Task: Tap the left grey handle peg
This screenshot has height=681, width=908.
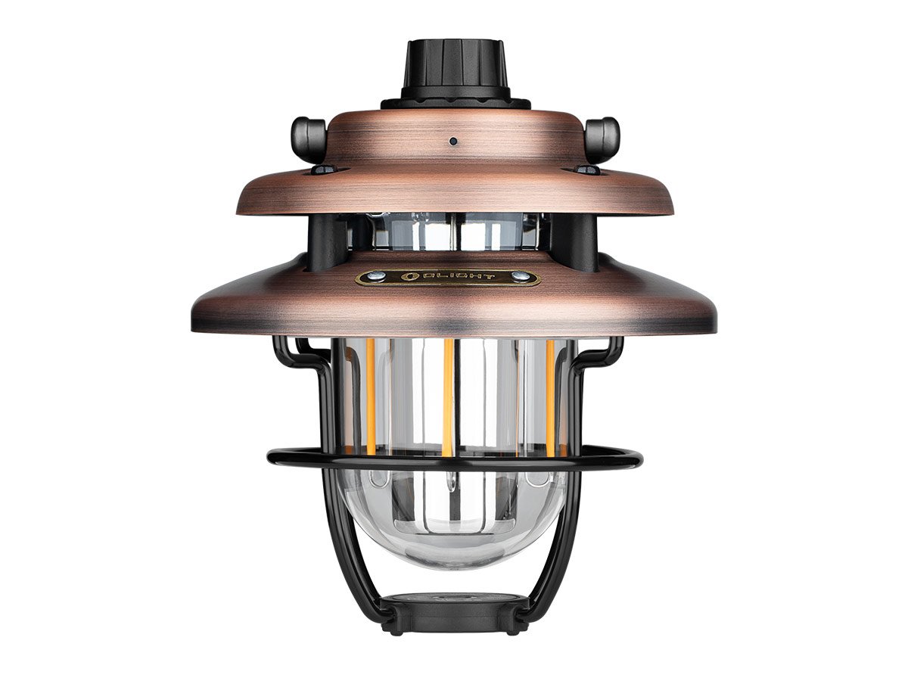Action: [x=308, y=139]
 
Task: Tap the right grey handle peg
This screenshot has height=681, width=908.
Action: [x=603, y=139]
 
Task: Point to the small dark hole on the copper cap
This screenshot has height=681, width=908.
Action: [x=453, y=141]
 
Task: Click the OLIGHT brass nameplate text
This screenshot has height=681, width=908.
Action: [x=455, y=276]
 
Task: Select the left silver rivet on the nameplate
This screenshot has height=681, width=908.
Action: [x=375, y=275]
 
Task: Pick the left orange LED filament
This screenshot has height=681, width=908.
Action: [x=370, y=395]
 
